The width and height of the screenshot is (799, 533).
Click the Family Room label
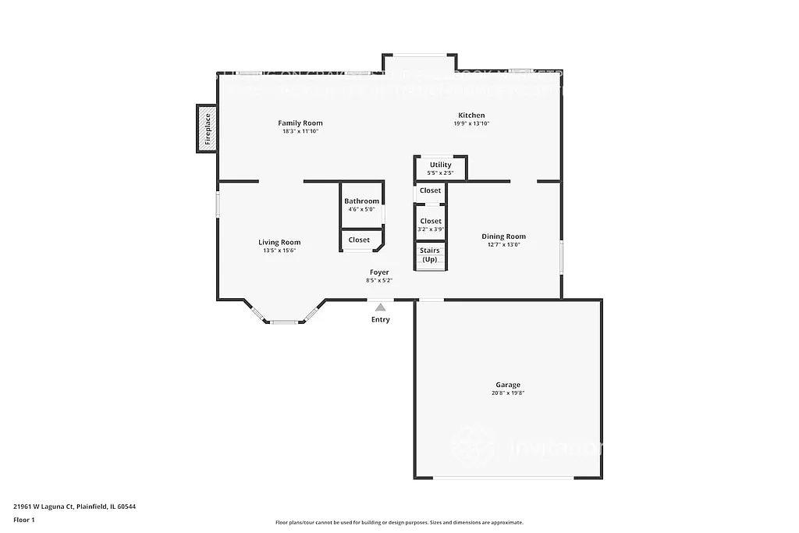tap(300, 123)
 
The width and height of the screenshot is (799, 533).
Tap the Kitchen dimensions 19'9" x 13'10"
tap(471, 123)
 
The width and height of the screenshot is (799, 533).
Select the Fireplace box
tap(207, 130)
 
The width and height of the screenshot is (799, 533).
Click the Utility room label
tap(440, 165)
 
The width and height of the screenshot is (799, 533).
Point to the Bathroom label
tap(361, 201)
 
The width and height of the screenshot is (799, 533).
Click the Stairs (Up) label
tap(429, 254)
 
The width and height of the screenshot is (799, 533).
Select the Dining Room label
tap(503, 236)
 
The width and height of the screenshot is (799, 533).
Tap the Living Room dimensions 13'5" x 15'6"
tap(279, 251)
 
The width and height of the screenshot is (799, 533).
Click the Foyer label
tap(379, 272)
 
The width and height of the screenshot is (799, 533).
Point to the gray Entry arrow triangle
tap(380, 307)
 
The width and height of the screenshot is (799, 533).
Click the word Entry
tap(380, 319)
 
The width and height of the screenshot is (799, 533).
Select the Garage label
tap(507, 385)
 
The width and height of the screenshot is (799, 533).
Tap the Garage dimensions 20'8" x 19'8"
tap(507, 393)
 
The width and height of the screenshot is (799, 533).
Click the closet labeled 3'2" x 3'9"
tap(431, 225)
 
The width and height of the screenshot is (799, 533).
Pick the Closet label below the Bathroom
tap(359, 240)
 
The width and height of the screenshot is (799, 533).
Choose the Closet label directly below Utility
tap(430, 190)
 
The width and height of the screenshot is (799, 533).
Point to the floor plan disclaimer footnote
tap(399, 523)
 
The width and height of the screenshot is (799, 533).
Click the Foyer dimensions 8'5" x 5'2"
tap(379, 280)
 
